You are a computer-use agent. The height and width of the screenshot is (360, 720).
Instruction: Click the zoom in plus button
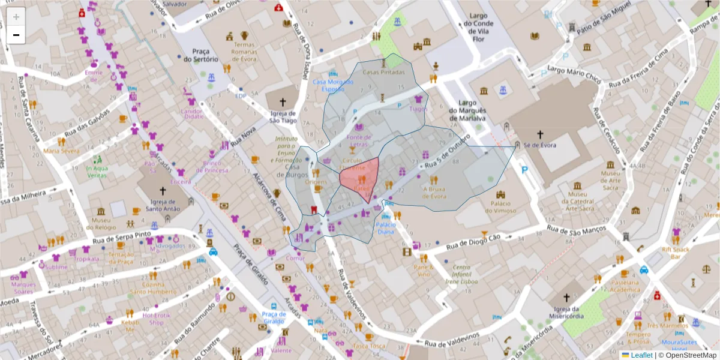point(16,17)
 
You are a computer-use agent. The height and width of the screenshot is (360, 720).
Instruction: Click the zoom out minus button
point(16,35)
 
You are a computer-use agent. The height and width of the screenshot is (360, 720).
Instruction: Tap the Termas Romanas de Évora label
point(244,52)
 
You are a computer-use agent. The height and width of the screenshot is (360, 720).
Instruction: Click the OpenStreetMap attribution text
point(688,355)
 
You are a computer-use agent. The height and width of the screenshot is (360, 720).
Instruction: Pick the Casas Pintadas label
point(384,72)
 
